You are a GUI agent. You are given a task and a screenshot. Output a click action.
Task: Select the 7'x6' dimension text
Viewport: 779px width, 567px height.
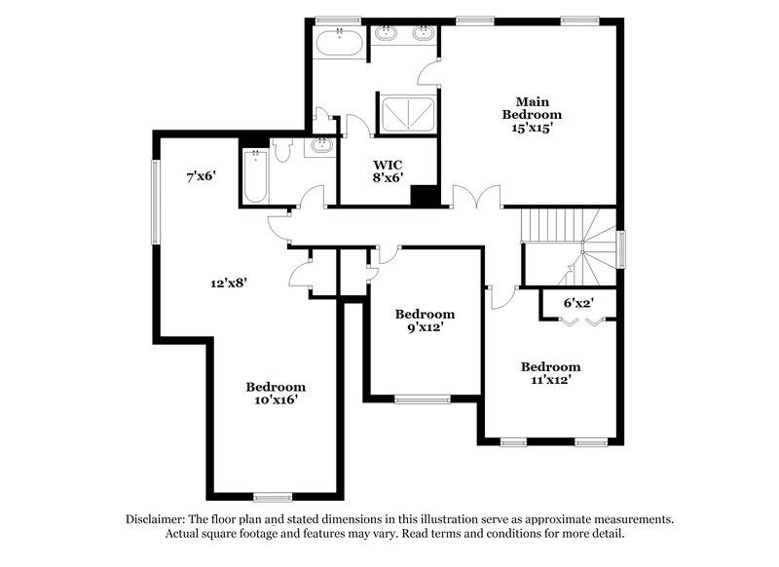[201, 177]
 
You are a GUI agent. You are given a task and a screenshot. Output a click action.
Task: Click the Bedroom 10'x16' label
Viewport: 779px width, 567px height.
[276, 393]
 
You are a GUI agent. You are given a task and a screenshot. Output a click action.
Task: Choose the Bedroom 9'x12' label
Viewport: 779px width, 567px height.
[425, 321]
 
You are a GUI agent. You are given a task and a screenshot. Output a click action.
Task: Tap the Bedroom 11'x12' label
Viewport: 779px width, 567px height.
[550, 373]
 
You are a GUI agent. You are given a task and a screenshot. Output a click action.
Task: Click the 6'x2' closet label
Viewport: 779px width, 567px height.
[578, 303]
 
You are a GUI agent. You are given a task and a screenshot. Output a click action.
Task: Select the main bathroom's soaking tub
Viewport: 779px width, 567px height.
[340, 44]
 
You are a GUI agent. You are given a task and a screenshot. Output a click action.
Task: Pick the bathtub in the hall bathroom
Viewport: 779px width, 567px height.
[255, 175]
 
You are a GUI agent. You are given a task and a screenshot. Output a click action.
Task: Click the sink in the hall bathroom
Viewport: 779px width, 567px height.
[319, 147]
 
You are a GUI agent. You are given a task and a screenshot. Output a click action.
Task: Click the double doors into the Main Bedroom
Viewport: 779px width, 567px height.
[476, 198]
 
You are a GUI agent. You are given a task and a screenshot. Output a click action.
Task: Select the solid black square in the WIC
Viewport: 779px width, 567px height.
[424, 194]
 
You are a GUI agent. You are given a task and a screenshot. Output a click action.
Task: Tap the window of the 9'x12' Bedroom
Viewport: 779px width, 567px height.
[422, 397]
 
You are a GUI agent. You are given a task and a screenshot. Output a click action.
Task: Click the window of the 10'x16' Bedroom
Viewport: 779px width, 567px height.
[273, 497]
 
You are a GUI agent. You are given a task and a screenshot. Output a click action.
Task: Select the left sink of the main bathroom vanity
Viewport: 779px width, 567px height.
[388, 35]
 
